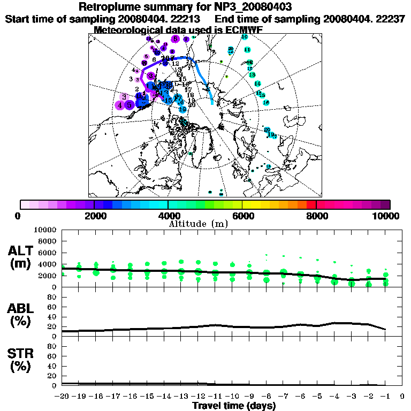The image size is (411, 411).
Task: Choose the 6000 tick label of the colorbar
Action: (242, 216)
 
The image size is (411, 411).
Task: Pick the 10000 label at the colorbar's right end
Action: (386, 216)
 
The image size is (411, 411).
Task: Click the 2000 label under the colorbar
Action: (94, 216)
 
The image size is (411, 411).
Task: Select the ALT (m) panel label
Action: (21, 256)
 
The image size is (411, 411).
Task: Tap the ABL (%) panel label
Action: (21, 314)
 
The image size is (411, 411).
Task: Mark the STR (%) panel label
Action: (21, 360)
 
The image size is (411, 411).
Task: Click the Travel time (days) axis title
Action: (234, 406)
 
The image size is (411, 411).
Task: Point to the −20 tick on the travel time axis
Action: (62, 397)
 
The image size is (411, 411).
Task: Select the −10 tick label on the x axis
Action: (232, 397)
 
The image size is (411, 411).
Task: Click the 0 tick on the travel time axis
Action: (402, 397)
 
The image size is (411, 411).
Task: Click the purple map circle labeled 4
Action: (120, 105)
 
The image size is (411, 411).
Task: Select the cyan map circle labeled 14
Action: (257, 83)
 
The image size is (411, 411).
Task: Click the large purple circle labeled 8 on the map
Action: (176, 38)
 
